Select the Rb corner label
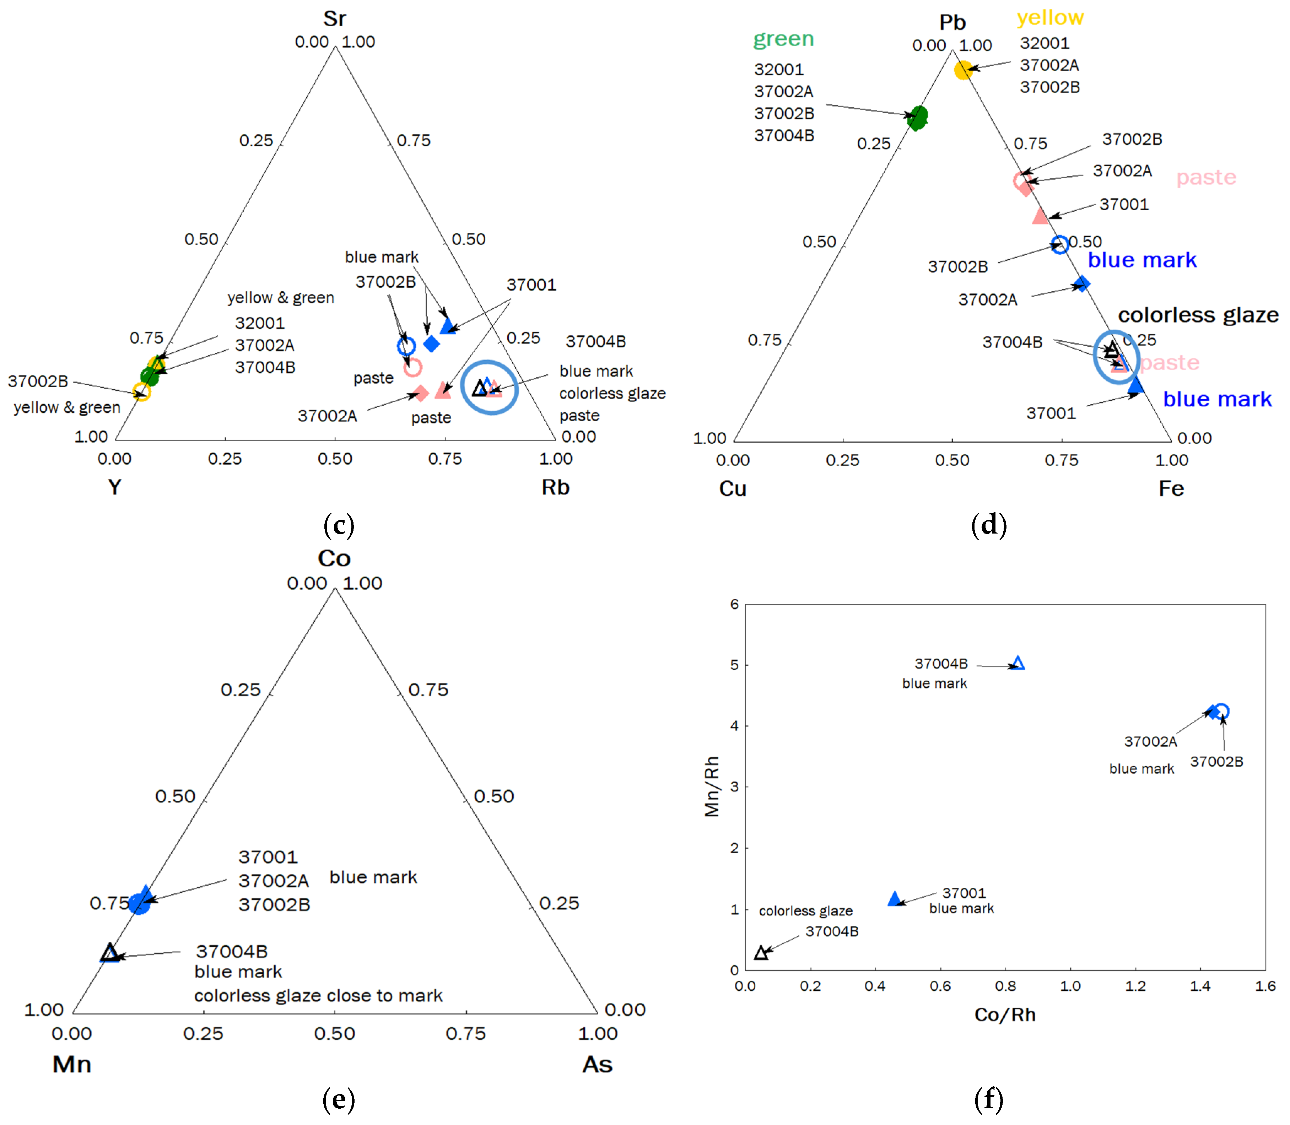(x=555, y=487)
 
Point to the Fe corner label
(x=1171, y=488)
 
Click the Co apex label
(x=334, y=558)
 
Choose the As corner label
(x=597, y=1064)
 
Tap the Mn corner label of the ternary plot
(x=72, y=1064)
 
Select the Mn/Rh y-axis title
(x=711, y=786)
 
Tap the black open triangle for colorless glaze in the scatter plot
(x=761, y=953)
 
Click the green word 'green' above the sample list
(x=783, y=39)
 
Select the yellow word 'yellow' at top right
(x=1049, y=17)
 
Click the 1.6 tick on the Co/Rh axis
(x=1264, y=986)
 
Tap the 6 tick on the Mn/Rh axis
(x=734, y=604)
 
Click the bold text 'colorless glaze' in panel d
(x=1198, y=314)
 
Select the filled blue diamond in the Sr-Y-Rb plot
(x=431, y=344)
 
